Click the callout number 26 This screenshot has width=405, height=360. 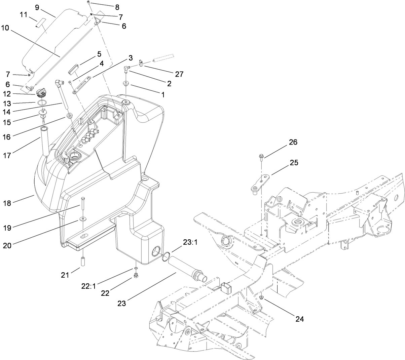pyautogui.click(x=293, y=142)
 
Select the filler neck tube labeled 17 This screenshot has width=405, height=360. pyautogui.click(x=45, y=141)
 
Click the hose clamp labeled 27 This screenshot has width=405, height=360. pyautogui.click(x=142, y=63)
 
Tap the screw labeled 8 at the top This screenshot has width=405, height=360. pyautogui.click(x=88, y=2)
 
